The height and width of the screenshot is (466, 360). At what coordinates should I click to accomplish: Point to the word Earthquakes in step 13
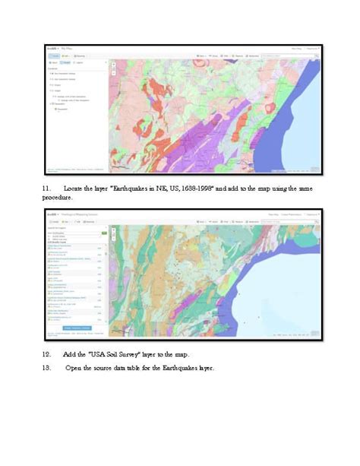coord(188,369)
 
